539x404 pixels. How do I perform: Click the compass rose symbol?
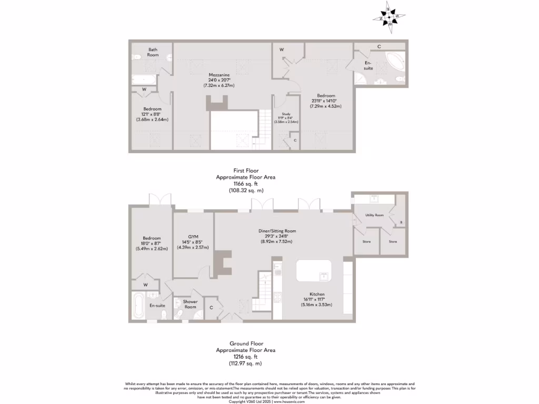coord(390,17)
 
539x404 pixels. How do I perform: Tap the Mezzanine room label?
coord(218,75)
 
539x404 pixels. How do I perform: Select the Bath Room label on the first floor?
coord(153,52)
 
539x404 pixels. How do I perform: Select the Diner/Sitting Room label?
coord(277,231)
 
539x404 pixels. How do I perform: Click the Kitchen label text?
coord(317,294)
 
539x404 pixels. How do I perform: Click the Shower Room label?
coord(190,304)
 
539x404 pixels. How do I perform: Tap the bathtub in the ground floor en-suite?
coord(139,306)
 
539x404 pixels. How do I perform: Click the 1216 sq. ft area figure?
coord(245,356)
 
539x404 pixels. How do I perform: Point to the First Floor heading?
coord(245,170)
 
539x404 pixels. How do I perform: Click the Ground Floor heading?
coord(245,343)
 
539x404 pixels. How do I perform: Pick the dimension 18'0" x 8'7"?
coord(151,243)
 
